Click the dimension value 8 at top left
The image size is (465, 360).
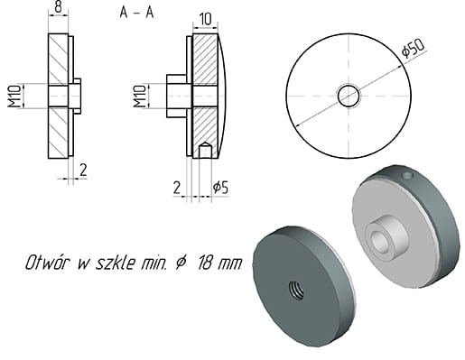pyautogui.click(x=58, y=7)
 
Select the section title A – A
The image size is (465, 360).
pyautogui.click(x=137, y=13)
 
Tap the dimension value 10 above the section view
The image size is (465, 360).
pyautogui.click(x=205, y=20)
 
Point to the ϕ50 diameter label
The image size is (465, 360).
pyautogui.click(x=414, y=47)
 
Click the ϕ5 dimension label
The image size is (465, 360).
pyautogui.click(x=220, y=188)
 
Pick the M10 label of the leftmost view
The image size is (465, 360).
pyautogui.click(x=14, y=97)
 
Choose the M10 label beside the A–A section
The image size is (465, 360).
pyautogui.click(x=139, y=97)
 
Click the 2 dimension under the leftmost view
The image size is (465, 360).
pyautogui.click(x=83, y=170)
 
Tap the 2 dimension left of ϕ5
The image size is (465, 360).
pyautogui.click(x=177, y=188)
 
